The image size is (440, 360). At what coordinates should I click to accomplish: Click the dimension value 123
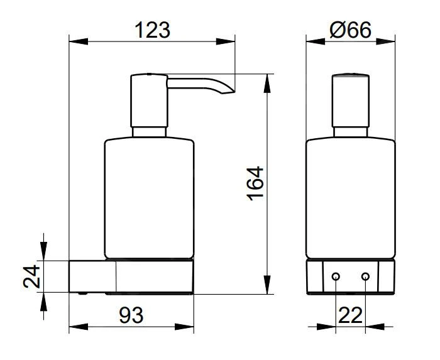click(153, 30)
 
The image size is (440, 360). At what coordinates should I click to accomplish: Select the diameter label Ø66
click(350, 30)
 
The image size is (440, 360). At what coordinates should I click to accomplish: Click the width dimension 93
click(131, 315)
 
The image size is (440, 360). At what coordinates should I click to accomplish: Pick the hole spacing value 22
click(351, 315)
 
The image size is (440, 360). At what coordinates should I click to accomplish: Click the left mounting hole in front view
click(336, 276)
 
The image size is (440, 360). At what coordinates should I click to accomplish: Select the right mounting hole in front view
click(365, 276)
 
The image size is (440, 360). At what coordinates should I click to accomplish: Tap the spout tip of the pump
click(229, 92)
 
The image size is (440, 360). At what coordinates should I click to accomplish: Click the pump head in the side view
click(148, 101)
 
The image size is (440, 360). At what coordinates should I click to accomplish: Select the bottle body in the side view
click(148, 198)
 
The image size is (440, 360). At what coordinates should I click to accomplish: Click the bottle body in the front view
click(350, 198)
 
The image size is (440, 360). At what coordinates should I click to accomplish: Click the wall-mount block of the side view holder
click(92, 276)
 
